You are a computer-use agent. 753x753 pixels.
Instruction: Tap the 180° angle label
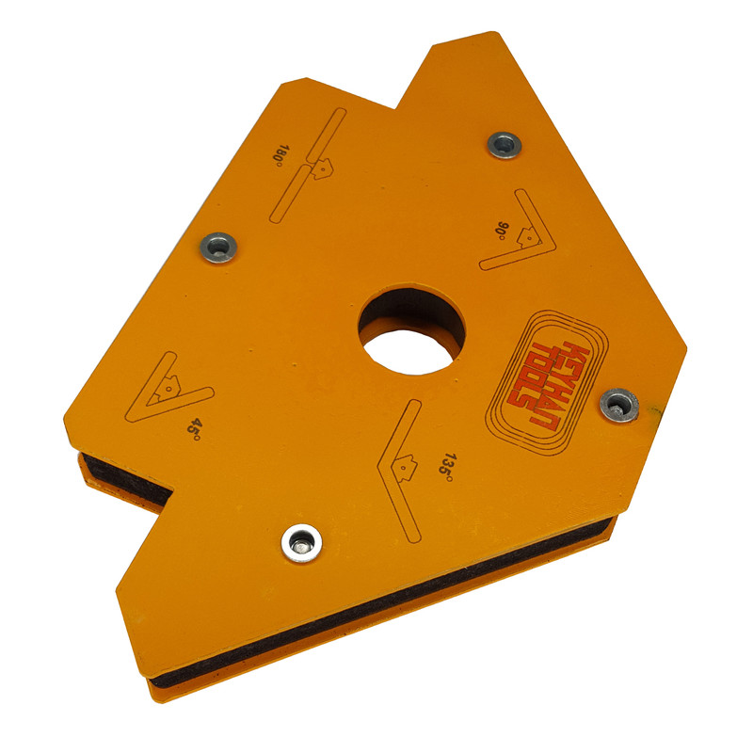pos(280,153)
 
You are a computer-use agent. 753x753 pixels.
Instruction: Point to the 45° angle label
pos(194,429)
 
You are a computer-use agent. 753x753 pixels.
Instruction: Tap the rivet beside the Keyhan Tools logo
pos(618,404)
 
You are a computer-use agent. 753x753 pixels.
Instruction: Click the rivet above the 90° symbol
pos(505,145)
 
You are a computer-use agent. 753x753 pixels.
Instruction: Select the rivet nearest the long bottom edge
pos(301,540)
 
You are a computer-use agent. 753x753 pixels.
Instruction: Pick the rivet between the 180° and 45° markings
pos(217,248)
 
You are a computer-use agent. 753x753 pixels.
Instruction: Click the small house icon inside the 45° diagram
pos(168,385)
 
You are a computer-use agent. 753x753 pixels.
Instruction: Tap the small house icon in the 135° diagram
pos(406,463)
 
